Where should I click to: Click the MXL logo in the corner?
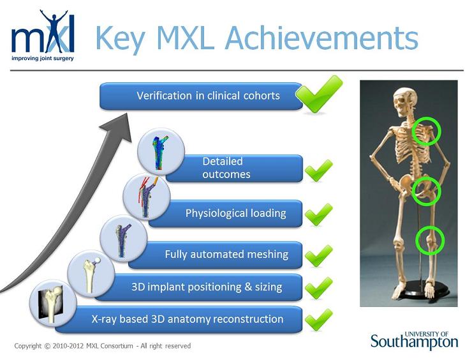coord(43,35)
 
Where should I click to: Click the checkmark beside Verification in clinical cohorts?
coord(320,94)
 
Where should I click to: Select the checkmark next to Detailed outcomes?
coord(319,170)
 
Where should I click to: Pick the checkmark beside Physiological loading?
coord(319,214)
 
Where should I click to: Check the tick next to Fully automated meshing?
coord(319,255)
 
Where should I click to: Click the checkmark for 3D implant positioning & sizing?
coord(319,288)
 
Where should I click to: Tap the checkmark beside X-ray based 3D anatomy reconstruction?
coord(319,320)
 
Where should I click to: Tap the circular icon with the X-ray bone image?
coord(53,303)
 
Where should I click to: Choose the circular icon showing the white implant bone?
coord(91,273)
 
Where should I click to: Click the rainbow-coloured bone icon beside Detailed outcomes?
coord(161,152)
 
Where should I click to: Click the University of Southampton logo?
coord(414,340)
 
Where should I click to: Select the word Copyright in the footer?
coord(28,346)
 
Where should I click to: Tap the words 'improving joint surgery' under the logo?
coord(42,58)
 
